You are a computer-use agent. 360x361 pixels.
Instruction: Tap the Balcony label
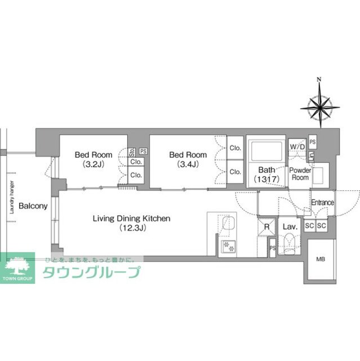click(33, 206)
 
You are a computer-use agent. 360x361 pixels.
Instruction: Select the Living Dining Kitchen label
click(132, 223)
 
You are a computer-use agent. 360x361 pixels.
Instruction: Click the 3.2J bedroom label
click(93, 159)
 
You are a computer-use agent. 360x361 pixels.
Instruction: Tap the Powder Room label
click(300, 173)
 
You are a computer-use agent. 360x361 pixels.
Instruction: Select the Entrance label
click(322, 203)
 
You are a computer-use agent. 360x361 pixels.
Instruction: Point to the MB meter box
click(320, 260)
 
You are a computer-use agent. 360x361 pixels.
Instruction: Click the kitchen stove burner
click(229, 246)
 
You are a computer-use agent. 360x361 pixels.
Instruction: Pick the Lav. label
click(290, 226)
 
